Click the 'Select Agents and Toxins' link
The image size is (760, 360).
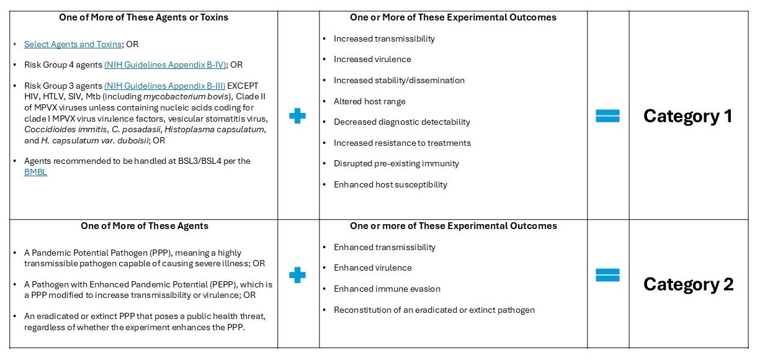click(x=73, y=44)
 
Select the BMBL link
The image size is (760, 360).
click(x=35, y=172)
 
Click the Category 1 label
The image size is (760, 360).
click(x=687, y=116)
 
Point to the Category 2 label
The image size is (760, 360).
click(x=688, y=284)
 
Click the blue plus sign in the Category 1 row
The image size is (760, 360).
click(x=298, y=116)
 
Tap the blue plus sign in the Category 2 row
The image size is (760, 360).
click(x=298, y=275)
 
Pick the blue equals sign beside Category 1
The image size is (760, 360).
click(x=607, y=116)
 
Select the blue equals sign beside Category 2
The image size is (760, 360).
click(x=607, y=275)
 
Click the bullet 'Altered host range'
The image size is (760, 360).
click(x=370, y=101)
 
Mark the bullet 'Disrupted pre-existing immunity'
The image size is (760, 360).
click(x=396, y=163)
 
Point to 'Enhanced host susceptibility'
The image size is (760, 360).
click(x=390, y=184)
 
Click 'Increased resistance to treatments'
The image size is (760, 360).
click(x=402, y=143)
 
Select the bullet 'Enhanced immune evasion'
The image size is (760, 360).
click(x=387, y=289)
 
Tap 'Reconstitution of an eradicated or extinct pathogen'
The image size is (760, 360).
click(x=434, y=310)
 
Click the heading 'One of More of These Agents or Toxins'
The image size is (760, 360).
click(x=143, y=17)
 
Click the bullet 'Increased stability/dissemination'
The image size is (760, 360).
click(x=399, y=80)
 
